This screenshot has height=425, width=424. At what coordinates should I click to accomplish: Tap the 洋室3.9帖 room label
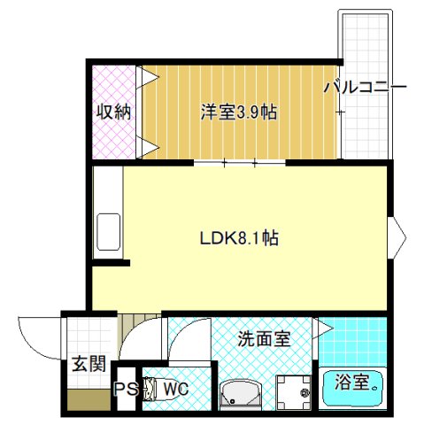238,112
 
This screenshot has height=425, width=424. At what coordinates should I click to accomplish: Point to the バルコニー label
365,88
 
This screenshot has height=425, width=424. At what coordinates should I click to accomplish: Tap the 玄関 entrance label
89,363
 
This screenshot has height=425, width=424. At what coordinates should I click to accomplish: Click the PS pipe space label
126,389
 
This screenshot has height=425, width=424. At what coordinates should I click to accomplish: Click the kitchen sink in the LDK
109,232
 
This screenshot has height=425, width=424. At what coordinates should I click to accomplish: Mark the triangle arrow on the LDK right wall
398,236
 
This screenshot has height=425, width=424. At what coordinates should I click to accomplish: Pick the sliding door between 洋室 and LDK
239,163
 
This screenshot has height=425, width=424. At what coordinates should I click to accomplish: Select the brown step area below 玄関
89,399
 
